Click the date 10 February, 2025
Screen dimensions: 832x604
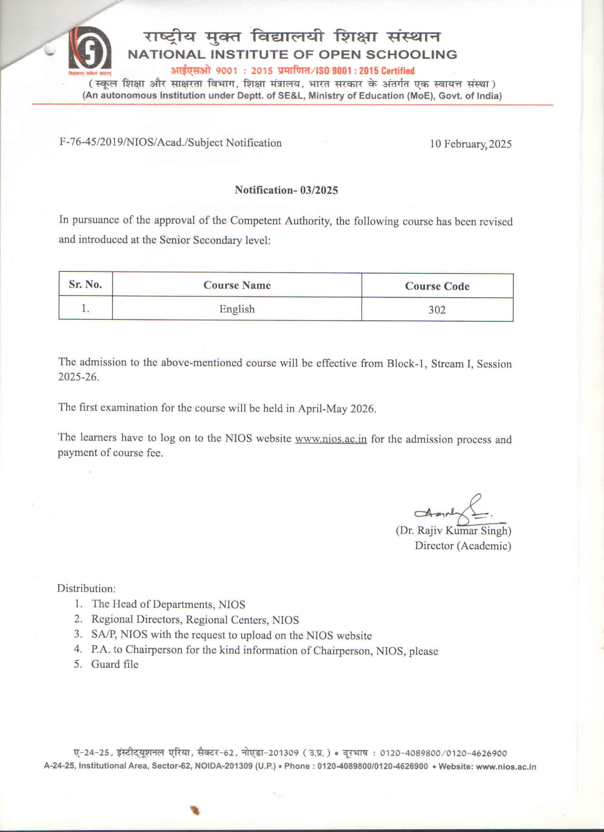470,144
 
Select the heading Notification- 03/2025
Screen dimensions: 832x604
286,190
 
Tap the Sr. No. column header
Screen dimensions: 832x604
85,284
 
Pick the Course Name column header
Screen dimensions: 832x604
237,285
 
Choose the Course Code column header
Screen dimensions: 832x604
437,286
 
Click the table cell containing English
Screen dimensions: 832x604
237,309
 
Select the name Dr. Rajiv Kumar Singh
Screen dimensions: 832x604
453,531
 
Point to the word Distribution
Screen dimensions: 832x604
86,589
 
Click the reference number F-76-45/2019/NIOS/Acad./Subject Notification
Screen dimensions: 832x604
170,143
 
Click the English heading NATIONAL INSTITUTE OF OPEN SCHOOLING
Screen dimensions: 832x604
292,55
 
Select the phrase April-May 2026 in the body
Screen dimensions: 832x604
336,408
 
